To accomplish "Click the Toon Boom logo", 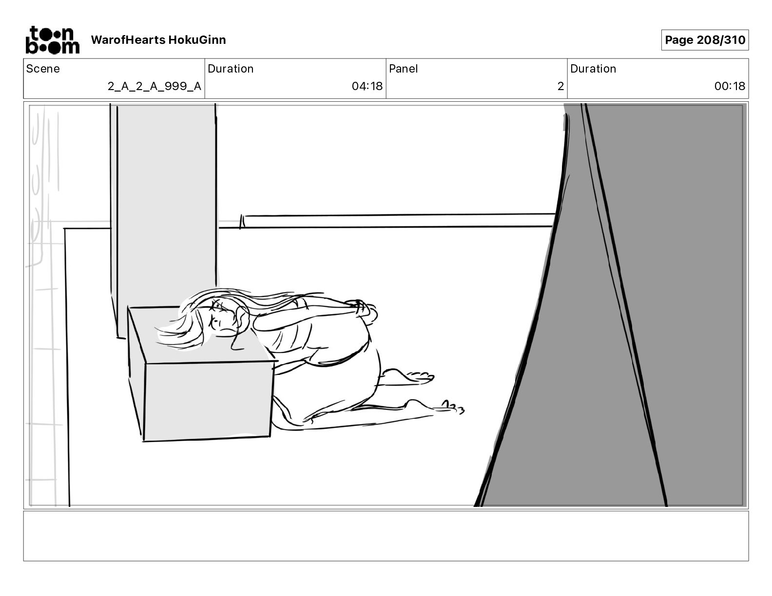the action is point(52,40).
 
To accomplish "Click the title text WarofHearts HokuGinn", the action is point(158,40).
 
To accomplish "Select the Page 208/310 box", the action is point(705,40).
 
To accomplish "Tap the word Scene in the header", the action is point(43,69).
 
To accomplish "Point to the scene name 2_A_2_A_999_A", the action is point(154,86).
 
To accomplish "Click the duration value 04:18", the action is point(367,86).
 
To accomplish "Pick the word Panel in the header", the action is point(403,69).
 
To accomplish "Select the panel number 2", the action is point(560,86).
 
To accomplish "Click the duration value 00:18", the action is point(730,86).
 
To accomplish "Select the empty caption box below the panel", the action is point(386,536).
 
